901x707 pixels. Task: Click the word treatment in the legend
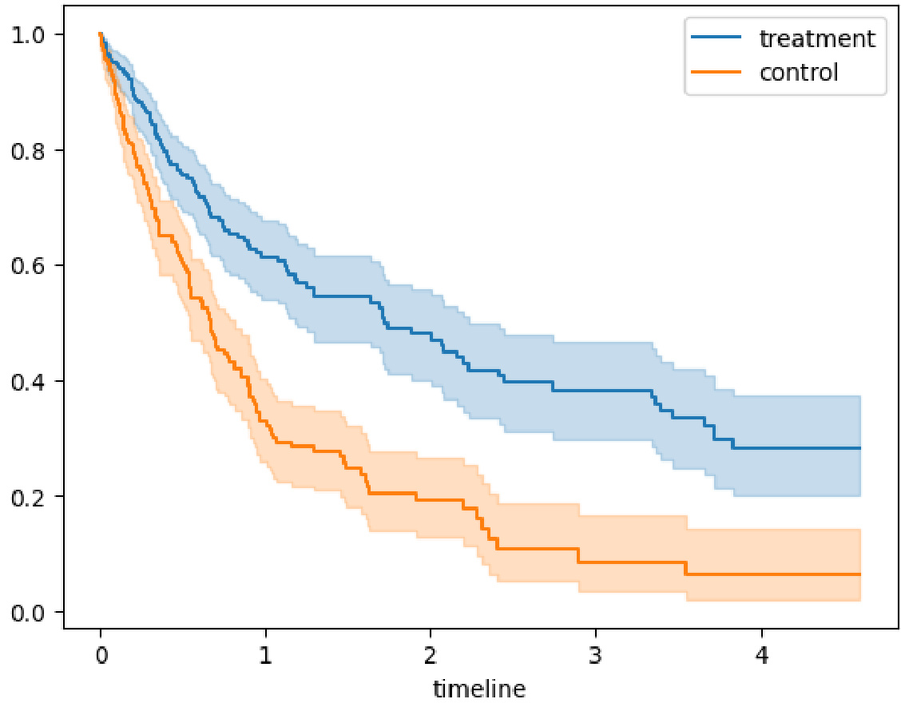816,38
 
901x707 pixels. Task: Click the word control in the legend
798,73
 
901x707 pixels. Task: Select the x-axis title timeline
479,688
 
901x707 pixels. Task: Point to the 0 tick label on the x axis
100,657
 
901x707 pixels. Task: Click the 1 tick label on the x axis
265,657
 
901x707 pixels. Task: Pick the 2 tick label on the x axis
431,657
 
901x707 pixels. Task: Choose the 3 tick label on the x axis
596,657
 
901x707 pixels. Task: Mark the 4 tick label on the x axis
761,657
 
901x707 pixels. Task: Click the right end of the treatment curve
859,448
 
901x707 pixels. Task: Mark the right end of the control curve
859,574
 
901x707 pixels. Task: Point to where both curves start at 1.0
100,34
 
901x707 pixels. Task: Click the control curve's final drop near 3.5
685,569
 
